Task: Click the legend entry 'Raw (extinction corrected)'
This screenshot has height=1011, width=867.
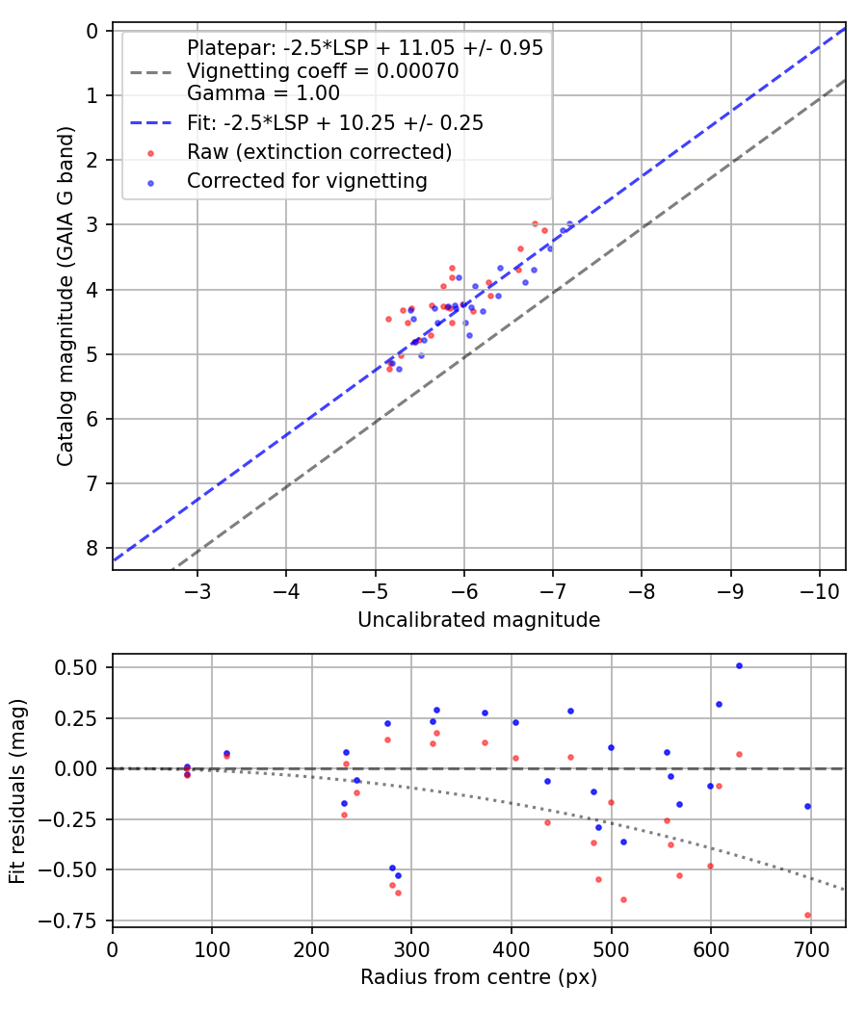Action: pyautogui.click(x=319, y=152)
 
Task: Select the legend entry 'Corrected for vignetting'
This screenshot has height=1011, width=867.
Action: pyautogui.click(x=306, y=181)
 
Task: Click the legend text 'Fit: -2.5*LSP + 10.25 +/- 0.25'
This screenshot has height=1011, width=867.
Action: pyautogui.click(x=334, y=123)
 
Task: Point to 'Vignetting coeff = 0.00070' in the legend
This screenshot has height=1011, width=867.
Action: pyautogui.click(x=323, y=71)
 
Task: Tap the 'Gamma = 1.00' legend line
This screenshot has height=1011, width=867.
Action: pyautogui.click(x=263, y=93)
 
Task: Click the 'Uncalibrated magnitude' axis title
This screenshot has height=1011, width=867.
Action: pyautogui.click(x=479, y=620)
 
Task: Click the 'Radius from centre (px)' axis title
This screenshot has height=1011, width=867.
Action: pyautogui.click(x=479, y=977)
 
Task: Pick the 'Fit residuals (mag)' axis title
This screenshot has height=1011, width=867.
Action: pyautogui.click(x=18, y=791)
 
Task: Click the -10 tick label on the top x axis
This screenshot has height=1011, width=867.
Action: pyautogui.click(x=819, y=589)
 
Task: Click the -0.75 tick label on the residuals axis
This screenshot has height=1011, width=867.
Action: pyautogui.click(x=76, y=920)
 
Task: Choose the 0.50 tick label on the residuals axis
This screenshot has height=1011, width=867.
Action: pyautogui.click(x=81, y=667)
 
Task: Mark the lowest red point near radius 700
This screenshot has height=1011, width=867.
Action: pyautogui.click(x=807, y=915)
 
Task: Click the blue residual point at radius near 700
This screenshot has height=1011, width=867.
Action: pyautogui.click(x=807, y=806)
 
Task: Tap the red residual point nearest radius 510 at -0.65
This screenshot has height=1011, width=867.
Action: pyautogui.click(x=623, y=899)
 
